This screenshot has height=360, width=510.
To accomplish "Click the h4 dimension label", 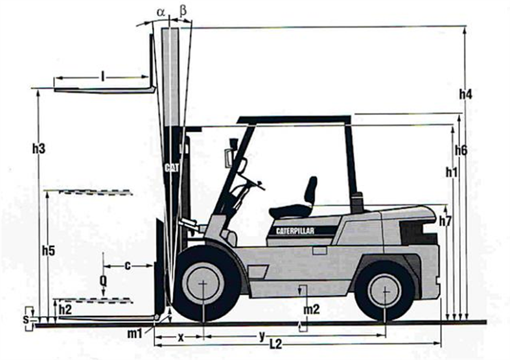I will click(x=465, y=94).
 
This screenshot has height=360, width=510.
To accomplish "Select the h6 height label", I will click(x=461, y=151).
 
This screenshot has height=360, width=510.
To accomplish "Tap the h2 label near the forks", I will click(x=65, y=309).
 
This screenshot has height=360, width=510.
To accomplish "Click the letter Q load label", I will click(x=103, y=280).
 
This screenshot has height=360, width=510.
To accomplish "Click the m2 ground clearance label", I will click(x=312, y=310).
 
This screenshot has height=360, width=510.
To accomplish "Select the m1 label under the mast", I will click(x=135, y=333).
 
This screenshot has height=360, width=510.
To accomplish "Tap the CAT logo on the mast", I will click(x=171, y=167).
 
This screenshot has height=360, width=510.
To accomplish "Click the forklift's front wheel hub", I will click(x=203, y=283).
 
